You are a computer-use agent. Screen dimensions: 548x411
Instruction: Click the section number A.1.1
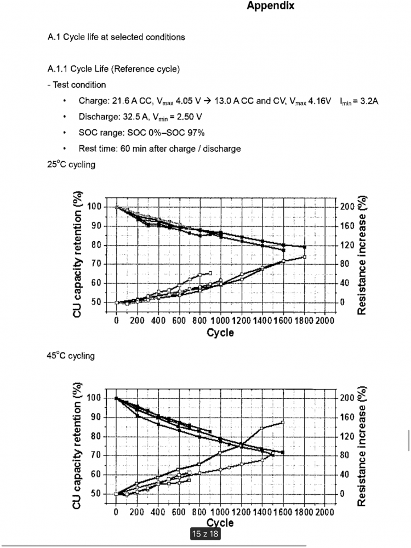[x=60, y=69]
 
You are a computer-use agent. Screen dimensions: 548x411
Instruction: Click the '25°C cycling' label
[x=71, y=164]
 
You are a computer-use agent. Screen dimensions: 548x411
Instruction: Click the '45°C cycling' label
[x=71, y=356]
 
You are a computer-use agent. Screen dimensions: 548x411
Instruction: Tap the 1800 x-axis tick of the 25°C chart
[x=304, y=319]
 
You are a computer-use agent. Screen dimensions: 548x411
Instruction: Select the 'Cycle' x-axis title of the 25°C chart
[x=220, y=333]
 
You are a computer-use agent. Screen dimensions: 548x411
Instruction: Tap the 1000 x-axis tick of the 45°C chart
[x=220, y=511]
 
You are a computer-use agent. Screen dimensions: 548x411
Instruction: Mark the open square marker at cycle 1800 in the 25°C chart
[x=304, y=256]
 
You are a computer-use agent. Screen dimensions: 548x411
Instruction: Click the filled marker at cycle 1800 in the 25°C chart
[x=304, y=247]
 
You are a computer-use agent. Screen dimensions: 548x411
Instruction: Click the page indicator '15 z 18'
[x=205, y=534]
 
